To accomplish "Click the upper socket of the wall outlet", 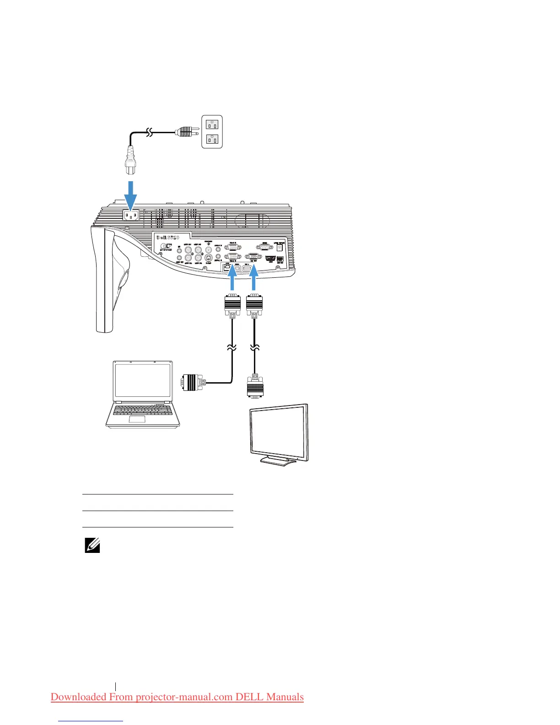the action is pyautogui.click(x=212, y=124).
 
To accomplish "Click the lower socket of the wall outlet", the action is pyautogui.click(x=212, y=139).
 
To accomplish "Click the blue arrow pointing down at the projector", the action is pyautogui.click(x=131, y=194).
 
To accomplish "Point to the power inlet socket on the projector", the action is pyautogui.click(x=131, y=215).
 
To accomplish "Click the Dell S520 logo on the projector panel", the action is pyautogui.click(x=167, y=238).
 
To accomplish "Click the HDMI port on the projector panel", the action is pyautogui.click(x=270, y=259).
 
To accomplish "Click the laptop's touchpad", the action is pyautogui.click(x=137, y=419).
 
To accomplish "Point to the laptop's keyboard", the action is pyautogui.click(x=142, y=409).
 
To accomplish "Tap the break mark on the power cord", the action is pyautogui.click(x=150, y=133).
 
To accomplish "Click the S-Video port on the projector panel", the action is pyautogui.click(x=209, y=257).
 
